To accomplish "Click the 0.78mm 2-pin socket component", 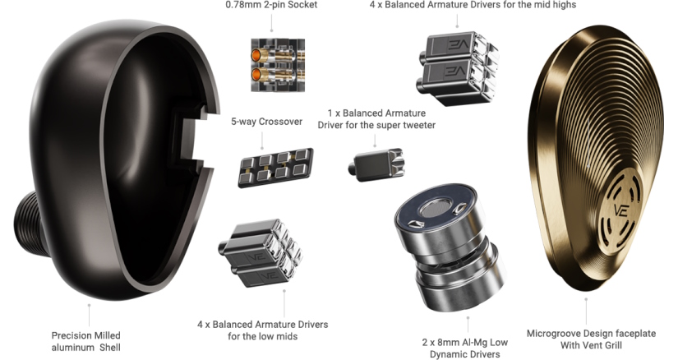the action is (x=278, y=65).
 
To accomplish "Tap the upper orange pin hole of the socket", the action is (x=257, y=55).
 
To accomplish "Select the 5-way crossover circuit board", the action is (x=275, y=168).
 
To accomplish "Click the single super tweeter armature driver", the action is (x=376, y=165).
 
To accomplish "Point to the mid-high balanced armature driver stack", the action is (x=457, y=67).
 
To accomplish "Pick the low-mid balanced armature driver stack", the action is (x=261, y=253).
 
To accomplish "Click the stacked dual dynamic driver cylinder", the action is (x=450, y=247).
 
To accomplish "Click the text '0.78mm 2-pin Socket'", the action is (x=271, y=5).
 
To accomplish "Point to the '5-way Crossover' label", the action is (x=266, y=122).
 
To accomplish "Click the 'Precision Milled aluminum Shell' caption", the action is (x=86, y=341).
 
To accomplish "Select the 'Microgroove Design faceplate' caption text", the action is (x=591, y=334).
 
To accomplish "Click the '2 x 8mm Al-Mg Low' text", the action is (x=465, y=343).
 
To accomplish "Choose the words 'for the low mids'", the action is (x=262, y=336).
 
